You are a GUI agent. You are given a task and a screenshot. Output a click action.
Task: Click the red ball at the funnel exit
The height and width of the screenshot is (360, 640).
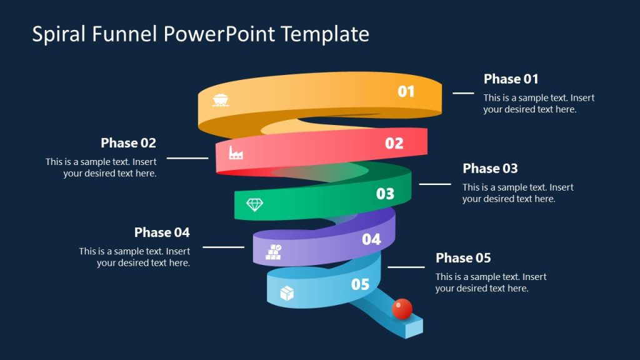pos(402,308)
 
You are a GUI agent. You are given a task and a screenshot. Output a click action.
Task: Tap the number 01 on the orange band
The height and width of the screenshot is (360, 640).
pos(406,92)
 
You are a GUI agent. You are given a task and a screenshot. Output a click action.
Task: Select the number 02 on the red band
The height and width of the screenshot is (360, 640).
pos(394,143)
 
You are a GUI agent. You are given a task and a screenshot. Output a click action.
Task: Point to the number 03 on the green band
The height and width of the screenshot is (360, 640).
pos(385,194)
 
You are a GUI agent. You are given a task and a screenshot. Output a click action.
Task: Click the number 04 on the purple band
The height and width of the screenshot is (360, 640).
pos(371,239)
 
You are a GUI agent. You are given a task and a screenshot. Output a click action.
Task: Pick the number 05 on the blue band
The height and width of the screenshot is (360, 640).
pos(360,284)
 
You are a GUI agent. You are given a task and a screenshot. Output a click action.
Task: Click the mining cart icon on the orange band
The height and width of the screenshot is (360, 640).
pos(220,99)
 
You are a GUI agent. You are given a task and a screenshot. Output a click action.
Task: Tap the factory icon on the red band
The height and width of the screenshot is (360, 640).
pos(236,152)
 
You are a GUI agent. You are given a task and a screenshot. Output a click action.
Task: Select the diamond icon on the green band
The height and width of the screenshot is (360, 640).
pos(254,204)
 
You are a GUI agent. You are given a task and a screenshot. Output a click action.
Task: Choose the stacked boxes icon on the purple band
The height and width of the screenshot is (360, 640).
pos(274,252)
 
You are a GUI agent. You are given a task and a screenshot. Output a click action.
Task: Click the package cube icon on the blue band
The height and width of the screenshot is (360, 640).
pos(287,293)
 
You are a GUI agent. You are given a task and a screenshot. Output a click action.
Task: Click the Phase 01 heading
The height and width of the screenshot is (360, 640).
pos(511,79)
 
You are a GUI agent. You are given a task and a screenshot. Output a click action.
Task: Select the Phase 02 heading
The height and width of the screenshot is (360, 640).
pos(128,142)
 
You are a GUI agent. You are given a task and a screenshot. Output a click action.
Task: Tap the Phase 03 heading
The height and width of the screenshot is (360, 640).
pos(490,168)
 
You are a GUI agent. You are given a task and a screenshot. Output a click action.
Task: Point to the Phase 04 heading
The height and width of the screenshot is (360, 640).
pos(162,232)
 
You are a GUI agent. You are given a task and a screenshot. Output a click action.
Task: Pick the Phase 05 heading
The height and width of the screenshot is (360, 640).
pos(463,257)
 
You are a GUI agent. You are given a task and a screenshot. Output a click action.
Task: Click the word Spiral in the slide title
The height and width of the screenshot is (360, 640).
pos(59,34)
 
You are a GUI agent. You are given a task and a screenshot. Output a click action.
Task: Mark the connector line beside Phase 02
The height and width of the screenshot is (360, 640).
pos(187,158)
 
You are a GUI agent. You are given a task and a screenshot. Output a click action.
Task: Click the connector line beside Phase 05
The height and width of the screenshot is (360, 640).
pos(406,267)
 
